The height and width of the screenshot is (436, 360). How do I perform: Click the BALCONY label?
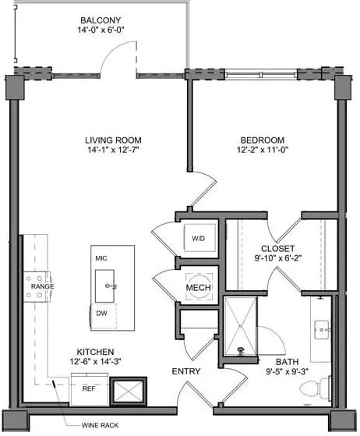[x=101, y=20]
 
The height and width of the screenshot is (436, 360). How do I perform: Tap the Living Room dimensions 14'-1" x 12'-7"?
[x=113, y=150]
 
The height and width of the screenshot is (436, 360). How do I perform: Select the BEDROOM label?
[x=263, y=140]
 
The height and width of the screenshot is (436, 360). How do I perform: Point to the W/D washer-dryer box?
[x=199, y=238]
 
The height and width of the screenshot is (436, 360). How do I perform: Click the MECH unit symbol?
[x=199, y=286]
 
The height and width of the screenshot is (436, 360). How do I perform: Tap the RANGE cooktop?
[x=37, y=286]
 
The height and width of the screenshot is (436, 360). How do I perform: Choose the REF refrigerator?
[x=90, y=389]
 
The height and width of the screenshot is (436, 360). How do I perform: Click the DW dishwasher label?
[x=101, y=314]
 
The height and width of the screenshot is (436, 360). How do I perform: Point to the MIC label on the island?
[x=101, y=258]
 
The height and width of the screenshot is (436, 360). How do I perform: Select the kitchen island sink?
[x=104, y=285]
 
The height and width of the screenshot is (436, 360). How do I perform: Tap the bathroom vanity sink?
[x=322, y=330]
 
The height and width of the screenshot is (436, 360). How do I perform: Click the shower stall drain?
[x=241, y=350]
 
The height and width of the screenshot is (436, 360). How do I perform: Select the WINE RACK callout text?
[x=100, y=425]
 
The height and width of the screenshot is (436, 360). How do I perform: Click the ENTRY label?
[x=186, y=371]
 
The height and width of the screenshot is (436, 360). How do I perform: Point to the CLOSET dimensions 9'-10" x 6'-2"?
[x=278, y=258]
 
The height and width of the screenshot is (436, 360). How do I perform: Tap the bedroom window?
[x=261, y=75]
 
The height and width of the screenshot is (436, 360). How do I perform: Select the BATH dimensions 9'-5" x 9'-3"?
[x=288, y=371]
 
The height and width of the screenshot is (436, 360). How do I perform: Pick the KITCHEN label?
[x=95, y=352]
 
